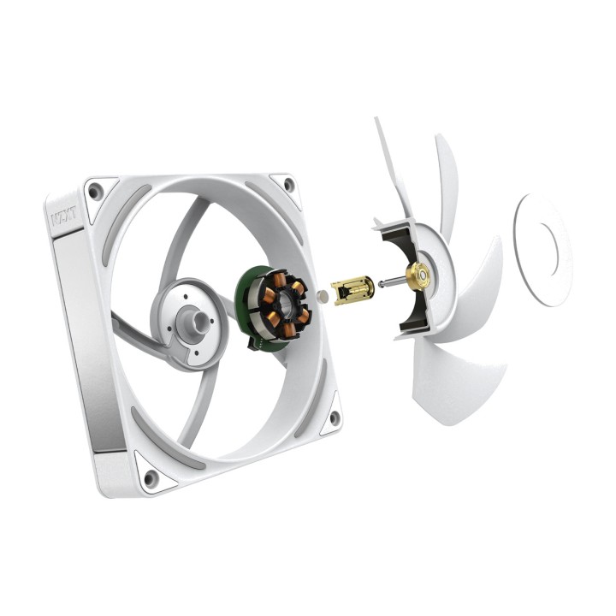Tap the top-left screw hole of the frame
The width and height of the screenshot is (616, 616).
[x=94, y=192]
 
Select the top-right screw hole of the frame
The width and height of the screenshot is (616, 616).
[x=289, y=184]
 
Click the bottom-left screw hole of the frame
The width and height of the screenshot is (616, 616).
[x=151, y=477]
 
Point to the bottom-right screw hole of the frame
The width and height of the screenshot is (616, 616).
[x=335, y=418]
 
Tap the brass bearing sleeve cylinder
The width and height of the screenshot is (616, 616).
[x=352, y=290]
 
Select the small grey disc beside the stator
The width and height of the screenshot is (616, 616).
[x=323, y=297]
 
